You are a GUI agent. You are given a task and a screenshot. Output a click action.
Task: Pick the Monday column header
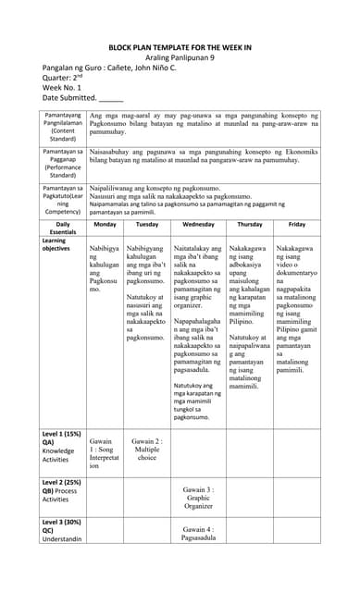click(x=105, y=224)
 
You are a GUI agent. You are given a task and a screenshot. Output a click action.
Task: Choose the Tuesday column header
click(x=146, y=224)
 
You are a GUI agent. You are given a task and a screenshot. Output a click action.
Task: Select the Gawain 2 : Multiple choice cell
click(x=146, y=449)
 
